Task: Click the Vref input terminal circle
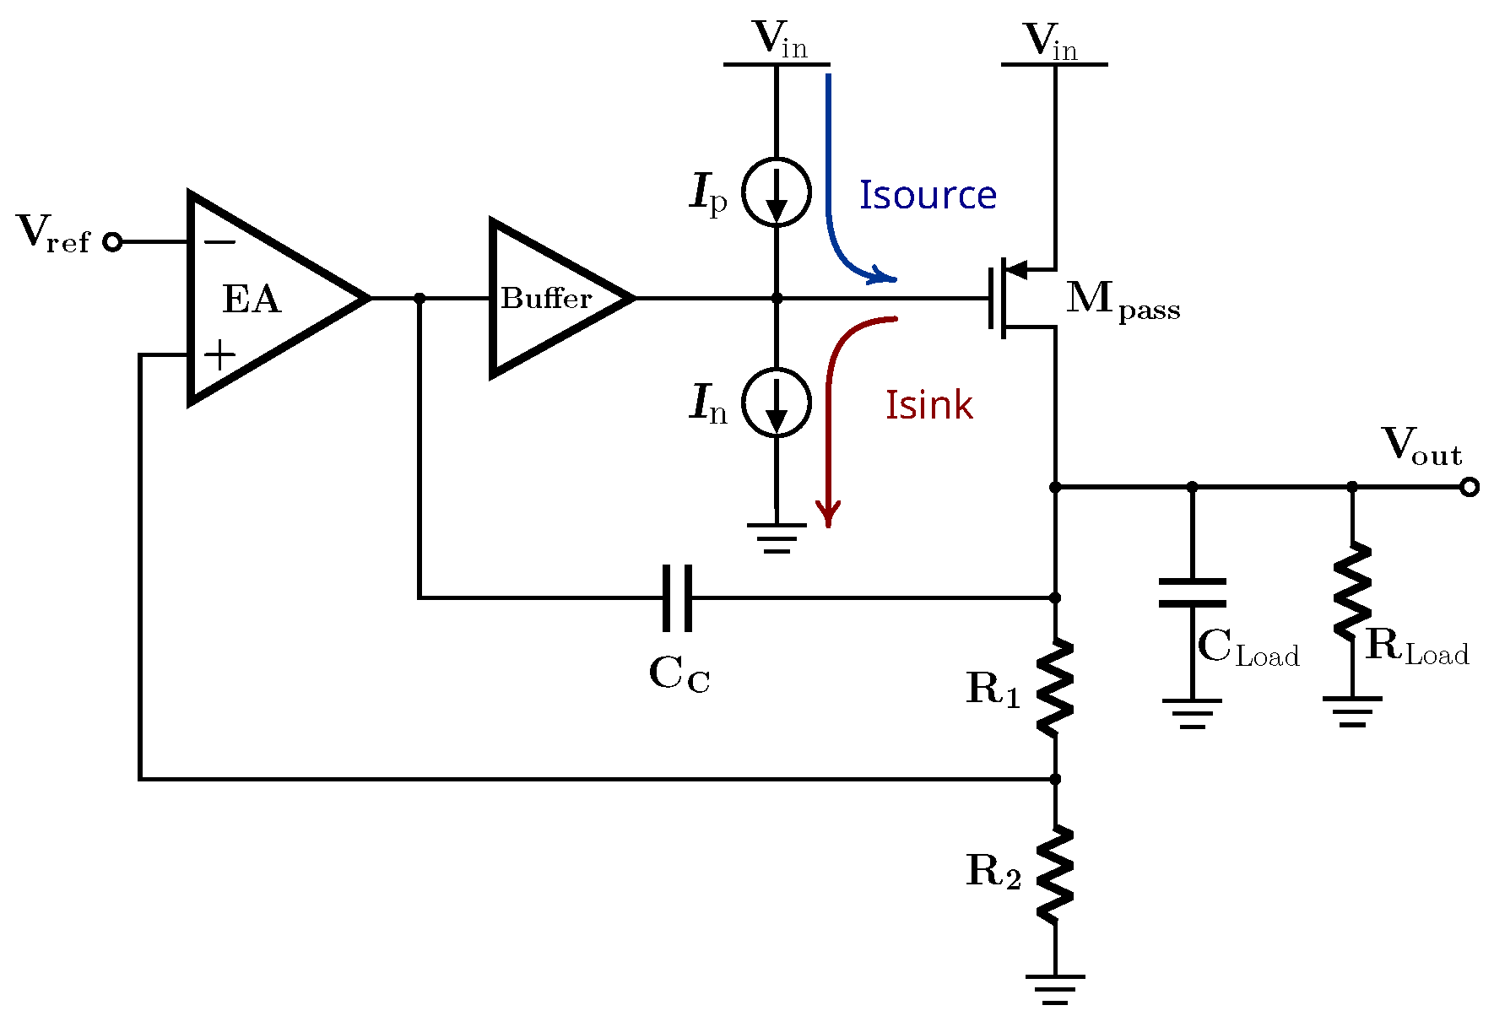coord(112,242)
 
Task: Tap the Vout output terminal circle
coord(1470,487)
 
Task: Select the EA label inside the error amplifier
coord(251,300)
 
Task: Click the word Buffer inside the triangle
coord(546,298)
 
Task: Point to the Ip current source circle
coord(777,192)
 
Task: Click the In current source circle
coord(777,403)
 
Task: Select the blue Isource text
coord(928,196)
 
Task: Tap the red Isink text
coord(928,406)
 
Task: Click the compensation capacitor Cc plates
coord(678,598)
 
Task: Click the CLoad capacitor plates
coord(1192,592)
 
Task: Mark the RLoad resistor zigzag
coord(1352,591)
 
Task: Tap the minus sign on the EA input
coord(220,243)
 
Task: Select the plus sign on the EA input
coord(219,355)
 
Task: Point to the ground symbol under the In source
coord(777,538)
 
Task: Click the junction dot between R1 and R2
coord(1055,779)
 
